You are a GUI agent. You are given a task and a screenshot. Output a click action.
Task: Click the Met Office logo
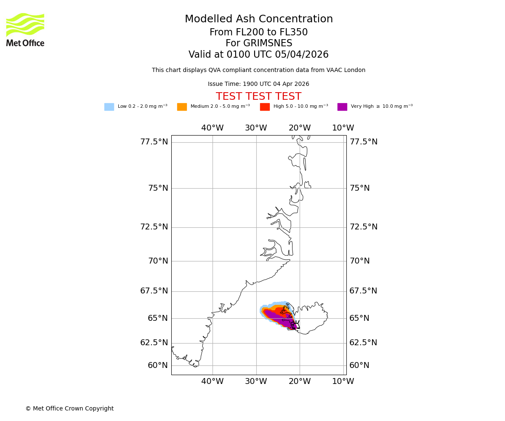(x=25, y=29)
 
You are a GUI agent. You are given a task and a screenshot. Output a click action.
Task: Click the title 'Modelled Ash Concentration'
(x=258, y=19)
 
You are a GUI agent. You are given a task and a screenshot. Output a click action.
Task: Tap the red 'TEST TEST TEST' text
(x=258, y=97)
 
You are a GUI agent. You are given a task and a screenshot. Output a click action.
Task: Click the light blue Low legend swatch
(x=109, y=107)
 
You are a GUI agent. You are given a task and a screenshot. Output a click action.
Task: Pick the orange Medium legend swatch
(x=182, y=107)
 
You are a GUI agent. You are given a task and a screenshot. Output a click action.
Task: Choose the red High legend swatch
(x=265, y=107)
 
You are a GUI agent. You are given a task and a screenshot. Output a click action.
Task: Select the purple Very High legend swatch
(x=342, y=107)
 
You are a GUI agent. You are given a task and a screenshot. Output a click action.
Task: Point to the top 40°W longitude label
(x=212, y=128)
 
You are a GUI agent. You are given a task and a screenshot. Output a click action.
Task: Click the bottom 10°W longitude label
(x=343, y=381)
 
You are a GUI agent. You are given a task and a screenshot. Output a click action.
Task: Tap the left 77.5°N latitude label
(x=154, y=142)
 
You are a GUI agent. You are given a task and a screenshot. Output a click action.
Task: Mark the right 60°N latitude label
(x=359, y=365)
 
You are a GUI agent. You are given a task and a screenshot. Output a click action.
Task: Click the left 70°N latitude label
(x=158, y=261)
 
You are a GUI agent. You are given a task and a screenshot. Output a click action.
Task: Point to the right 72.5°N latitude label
(x=364, y=227)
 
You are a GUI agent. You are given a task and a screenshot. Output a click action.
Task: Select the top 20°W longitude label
(x=300, y=128)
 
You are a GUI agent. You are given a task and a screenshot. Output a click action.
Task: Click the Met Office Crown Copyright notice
(x=69, y=409)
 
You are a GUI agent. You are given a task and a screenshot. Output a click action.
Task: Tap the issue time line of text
(x=258, y=84)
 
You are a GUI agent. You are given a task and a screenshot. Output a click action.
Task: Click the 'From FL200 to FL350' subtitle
(x=258, y=32)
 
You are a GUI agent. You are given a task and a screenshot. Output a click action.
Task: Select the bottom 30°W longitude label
(x=256, y=381)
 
